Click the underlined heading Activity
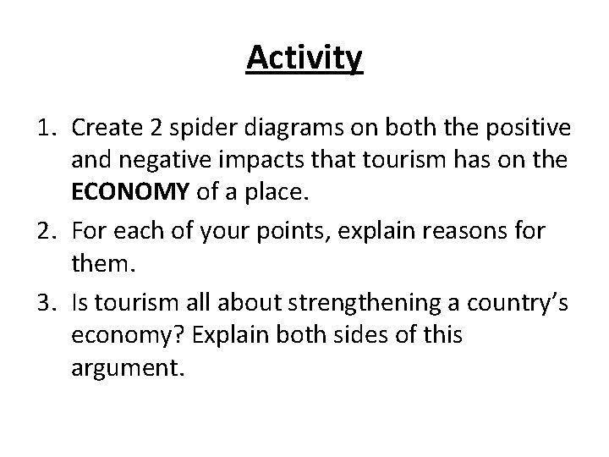[x=304, y=58]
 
